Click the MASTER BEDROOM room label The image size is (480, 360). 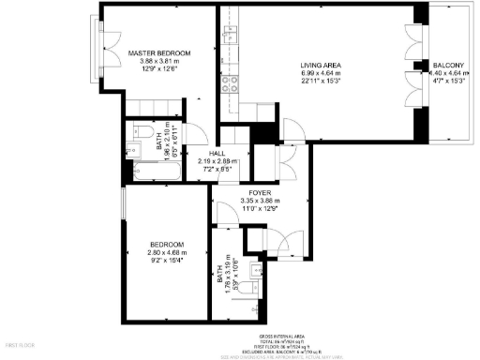[159, 52]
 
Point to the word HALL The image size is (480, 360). [217, 153]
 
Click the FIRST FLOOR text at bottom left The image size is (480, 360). [18, 346]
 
